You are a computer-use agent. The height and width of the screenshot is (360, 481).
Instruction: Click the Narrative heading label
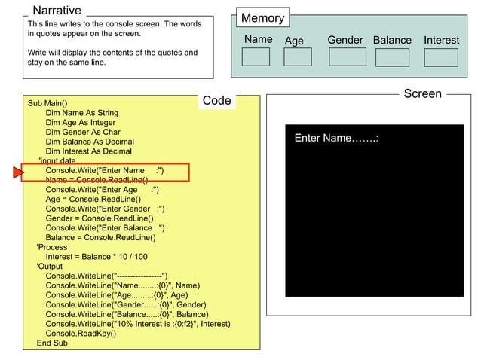tap(57, 11)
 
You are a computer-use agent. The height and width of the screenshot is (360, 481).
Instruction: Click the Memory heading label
tap(262, 18)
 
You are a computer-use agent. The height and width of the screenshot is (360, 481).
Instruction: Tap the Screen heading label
tap(422, 93)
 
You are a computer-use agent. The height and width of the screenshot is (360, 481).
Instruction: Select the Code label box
tap(217, 101)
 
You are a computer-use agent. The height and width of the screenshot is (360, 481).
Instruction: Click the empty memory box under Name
tap(256, 57)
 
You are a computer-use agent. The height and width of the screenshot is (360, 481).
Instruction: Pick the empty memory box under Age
tap(298, 57)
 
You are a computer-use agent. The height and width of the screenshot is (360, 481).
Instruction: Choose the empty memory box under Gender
tap(348, 57)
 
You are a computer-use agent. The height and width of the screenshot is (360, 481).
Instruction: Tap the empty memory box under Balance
tap(392, 57)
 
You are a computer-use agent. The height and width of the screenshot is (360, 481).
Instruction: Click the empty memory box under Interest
tap(440, 57)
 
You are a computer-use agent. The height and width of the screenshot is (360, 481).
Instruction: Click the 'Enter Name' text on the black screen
tap(335, 139)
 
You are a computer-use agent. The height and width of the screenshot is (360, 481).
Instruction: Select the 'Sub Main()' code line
tap(47, 103)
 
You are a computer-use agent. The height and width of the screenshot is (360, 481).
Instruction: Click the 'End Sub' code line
tap(52, 343)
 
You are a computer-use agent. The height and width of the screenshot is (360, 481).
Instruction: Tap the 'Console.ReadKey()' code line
tap(81, 333)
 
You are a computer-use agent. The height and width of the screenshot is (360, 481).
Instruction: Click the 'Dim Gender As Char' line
tap(83, 132)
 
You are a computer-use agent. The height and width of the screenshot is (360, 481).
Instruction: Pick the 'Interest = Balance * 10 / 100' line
tap(97, 256)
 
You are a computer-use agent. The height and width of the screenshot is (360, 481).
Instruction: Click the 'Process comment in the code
tap(52, 247)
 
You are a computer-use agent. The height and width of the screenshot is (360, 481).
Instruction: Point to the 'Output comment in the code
tap(50, 266)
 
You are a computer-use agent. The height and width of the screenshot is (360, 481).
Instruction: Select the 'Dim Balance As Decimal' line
tap(90, 142)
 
